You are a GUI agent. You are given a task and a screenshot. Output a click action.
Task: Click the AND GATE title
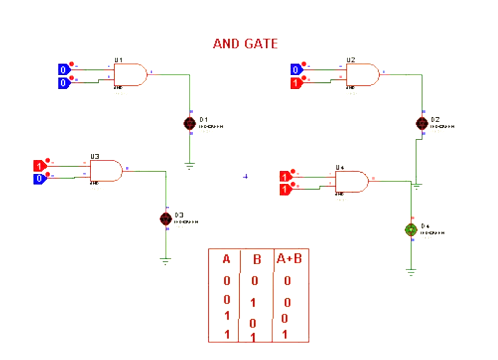245,44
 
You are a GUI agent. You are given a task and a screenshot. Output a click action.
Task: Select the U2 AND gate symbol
363,75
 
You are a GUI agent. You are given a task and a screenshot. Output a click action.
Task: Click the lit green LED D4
411,230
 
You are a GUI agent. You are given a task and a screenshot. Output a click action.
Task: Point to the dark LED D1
190,123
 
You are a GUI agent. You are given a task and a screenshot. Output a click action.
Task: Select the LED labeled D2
422,123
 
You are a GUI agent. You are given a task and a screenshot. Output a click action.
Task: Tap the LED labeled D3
166,218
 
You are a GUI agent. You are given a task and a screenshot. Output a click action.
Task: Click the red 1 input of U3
40,166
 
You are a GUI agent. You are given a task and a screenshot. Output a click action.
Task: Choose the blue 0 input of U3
40,179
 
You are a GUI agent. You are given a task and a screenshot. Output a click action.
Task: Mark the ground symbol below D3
166,261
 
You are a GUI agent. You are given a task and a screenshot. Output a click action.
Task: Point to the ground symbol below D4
411,271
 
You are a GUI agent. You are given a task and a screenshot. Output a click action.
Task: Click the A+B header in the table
289,258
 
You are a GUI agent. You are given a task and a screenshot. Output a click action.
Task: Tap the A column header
226,259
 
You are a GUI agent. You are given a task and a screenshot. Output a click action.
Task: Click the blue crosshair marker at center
246,176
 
